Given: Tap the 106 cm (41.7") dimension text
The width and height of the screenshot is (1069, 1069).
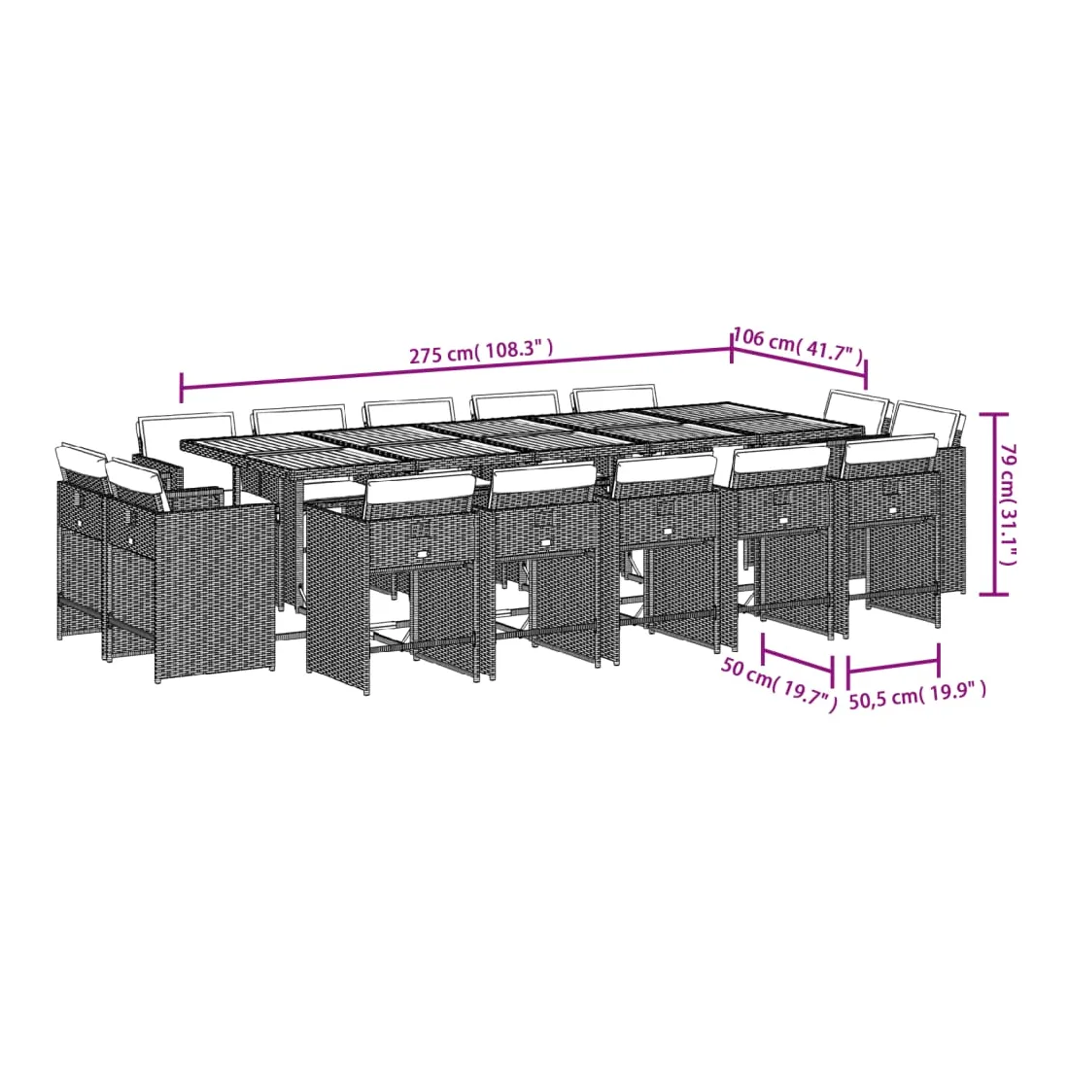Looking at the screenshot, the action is coord(798,345).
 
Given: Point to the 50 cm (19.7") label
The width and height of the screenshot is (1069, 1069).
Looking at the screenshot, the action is coord(778,684).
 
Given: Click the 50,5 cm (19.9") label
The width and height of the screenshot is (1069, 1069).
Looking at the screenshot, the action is coord(917,695).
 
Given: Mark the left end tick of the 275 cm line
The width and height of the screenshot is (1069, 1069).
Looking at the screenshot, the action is coord(182,388).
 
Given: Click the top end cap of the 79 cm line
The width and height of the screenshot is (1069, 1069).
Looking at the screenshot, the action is coord(993,414).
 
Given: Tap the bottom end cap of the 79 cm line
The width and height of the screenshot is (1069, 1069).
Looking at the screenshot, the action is coord(993,594).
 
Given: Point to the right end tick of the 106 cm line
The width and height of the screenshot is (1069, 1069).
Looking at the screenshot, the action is coord(866,374).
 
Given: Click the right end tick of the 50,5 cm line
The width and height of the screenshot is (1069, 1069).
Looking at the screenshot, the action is coord(940,659).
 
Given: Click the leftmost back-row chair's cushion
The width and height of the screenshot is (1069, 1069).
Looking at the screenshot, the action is coord(186,430).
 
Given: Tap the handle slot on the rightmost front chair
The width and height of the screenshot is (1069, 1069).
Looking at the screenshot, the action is coord(893,508).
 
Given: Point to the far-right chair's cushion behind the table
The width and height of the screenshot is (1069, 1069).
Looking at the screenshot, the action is coord(928,420).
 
